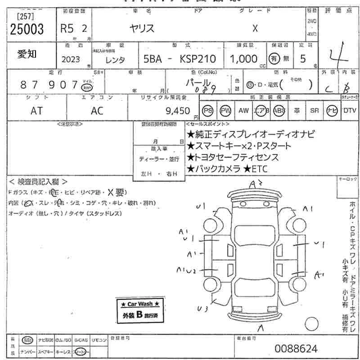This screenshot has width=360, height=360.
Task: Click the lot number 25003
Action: coord(27,29)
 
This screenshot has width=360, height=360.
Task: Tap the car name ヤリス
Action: coord(142,28)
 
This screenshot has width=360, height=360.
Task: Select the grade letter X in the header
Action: coord(255,28)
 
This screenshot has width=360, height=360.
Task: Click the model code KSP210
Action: coord(199,59)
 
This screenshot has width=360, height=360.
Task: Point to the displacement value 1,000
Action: coord(243,59)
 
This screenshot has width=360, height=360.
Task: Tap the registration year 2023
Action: coord(72,59)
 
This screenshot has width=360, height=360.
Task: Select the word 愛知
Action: coord(27,54)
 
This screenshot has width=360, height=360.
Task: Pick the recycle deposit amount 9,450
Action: coord(179,111)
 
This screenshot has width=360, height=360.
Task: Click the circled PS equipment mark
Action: coord(207,111)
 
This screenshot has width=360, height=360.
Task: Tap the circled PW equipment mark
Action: coord(225,111)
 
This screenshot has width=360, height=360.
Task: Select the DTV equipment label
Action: coord(350,111)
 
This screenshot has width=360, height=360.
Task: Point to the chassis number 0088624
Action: coord(296,349)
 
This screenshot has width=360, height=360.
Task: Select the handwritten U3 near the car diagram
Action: coord(202,308)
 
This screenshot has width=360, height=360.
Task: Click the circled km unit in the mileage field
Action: coord(86,87)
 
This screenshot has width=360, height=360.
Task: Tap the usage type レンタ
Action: coord(115,59)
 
